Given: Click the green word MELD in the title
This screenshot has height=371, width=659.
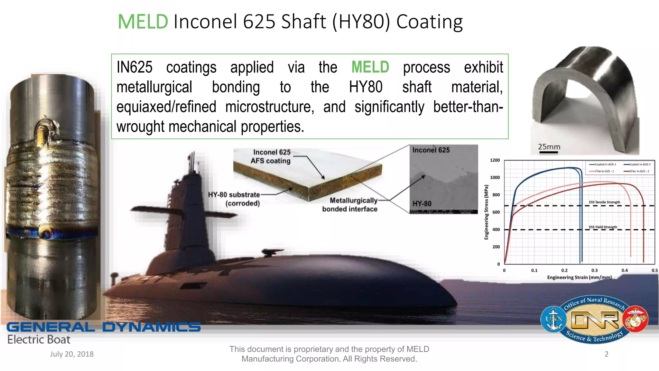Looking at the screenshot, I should point(143,22).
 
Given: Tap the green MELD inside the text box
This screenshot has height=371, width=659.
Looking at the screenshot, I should point(370,67).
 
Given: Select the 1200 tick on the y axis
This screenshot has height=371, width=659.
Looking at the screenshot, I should point(495,160).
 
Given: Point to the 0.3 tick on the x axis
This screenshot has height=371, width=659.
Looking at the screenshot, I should point(594,271).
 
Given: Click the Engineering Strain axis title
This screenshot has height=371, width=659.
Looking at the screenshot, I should point(579,277).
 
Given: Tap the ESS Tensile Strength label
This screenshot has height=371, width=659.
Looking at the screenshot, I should point(604,202).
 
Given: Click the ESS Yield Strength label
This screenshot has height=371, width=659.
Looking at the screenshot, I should point(603,227).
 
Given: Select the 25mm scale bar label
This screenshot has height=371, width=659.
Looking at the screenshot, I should point(549,147).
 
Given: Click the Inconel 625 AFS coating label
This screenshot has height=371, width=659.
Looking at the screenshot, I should point(271,157).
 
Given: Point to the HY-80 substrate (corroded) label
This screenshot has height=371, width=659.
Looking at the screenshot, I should point(234,199).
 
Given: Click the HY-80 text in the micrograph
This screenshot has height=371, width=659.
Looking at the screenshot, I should point(422,204).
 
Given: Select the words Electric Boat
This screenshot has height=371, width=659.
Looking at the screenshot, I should point(39,339).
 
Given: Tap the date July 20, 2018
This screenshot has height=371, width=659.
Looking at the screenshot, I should point(71,354).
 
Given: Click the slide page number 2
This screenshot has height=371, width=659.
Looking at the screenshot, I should point(606,354).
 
